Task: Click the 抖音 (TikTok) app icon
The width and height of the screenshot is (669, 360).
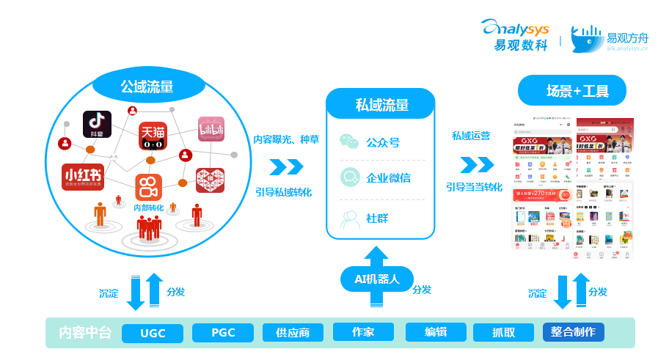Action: [97, 125]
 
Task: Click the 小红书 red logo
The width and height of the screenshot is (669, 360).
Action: [81, 177]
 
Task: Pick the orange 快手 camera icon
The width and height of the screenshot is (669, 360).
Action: [147, 186]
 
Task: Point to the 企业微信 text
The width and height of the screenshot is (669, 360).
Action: [388, 177]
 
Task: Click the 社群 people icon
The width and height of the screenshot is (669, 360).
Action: [350, 218]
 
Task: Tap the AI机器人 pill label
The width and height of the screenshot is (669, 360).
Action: [376, 279]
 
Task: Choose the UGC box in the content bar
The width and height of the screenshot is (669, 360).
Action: [153, 333]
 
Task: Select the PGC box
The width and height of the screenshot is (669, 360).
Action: [223, 333]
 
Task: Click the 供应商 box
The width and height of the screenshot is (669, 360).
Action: [293, 333]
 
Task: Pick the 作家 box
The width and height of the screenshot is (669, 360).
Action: [363, 332]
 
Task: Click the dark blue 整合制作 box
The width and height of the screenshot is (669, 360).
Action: [574, 332]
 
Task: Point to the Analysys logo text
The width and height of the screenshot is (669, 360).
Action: [513, 28]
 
